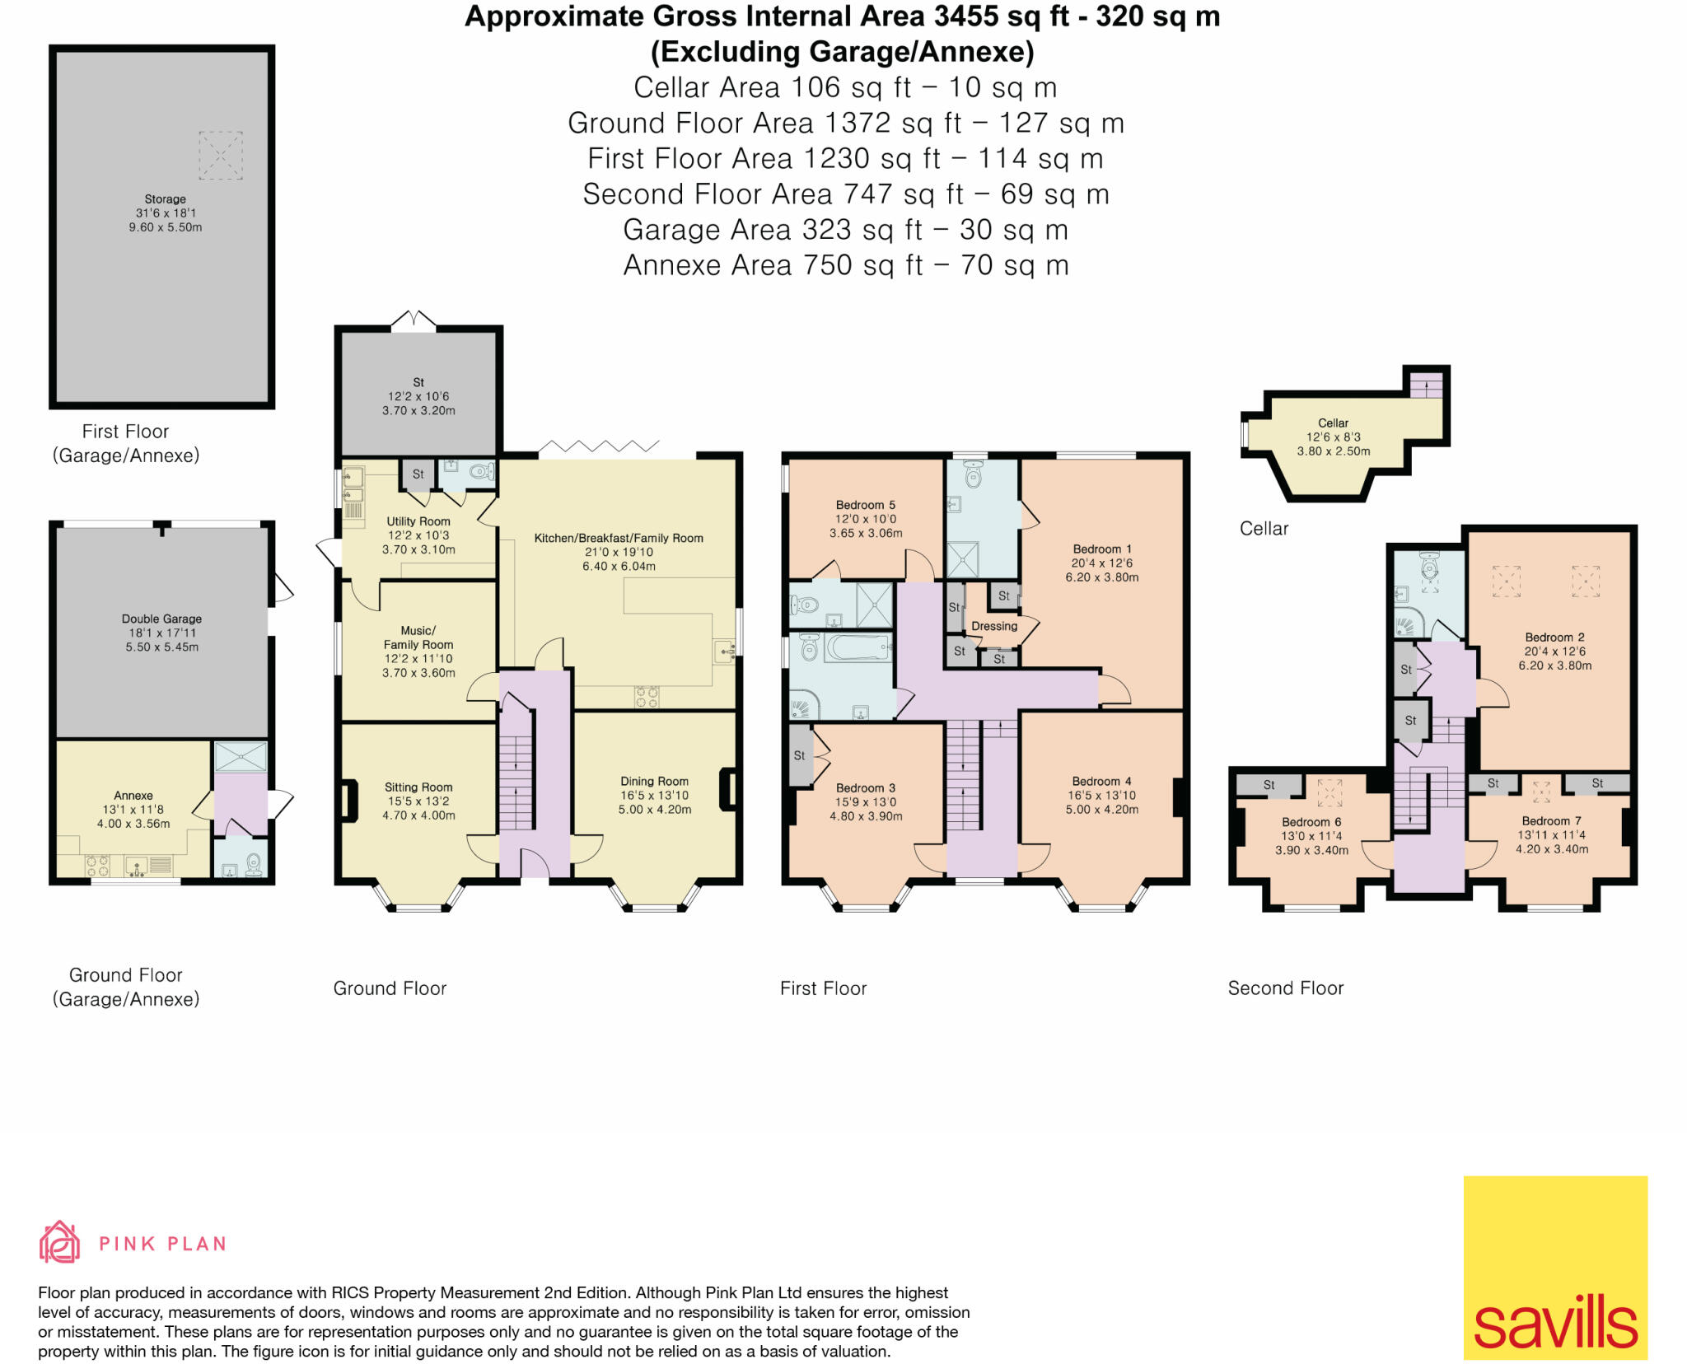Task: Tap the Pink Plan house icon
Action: click(x=59, y=1242)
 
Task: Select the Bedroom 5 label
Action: click(x=865, y=505)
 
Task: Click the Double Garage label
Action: click(x=161, y=619)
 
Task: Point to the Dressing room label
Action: click(x=994, y=626)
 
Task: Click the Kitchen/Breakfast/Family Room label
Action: click(x=619, y=538)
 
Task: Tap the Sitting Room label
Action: click(x=418, y=787)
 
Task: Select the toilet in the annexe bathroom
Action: click(x=254, y=864)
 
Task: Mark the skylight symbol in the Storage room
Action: click(x=221, y=155)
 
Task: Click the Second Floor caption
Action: click(x=1286, y=988)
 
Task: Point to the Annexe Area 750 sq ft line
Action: click(x=846, y=265)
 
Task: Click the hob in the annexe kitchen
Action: click(x=98, y=865)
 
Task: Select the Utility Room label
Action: click(x=418, y=521)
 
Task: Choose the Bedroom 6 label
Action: click(x=1311, y=822)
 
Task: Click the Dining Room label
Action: click(x=655, y=781)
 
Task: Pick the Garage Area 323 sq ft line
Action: click(x=846, y=230)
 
